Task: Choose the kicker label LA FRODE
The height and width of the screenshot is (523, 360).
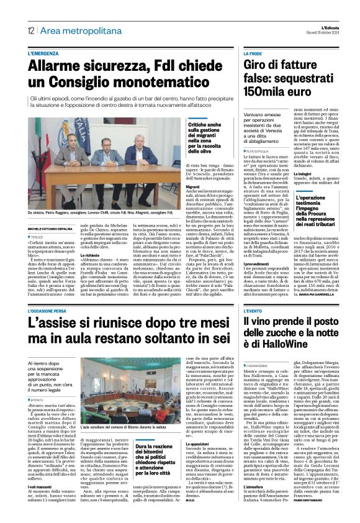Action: coord(253,54)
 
